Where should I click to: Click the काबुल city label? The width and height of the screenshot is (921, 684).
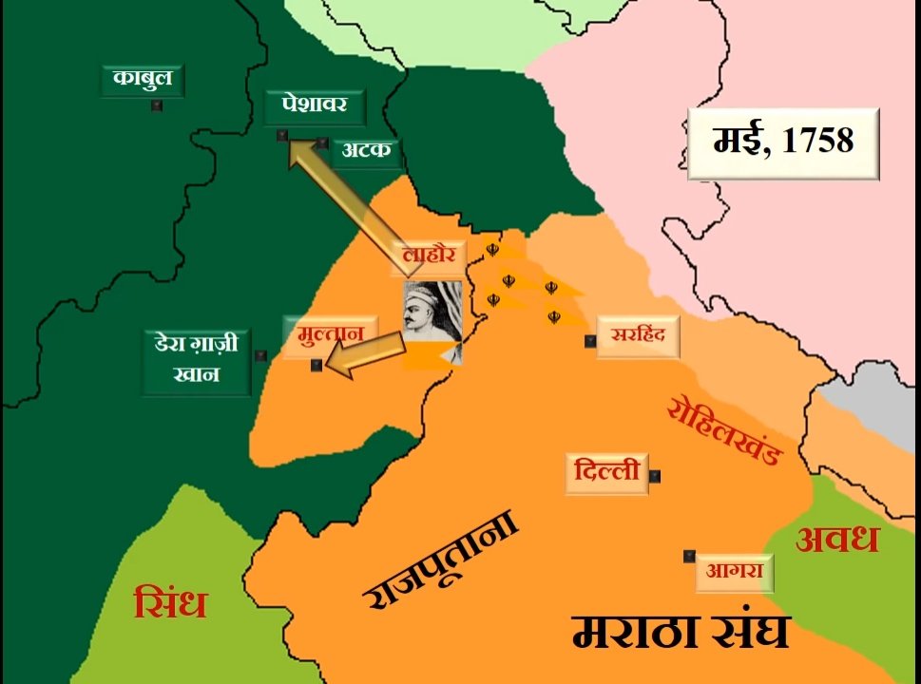tap(142, 79)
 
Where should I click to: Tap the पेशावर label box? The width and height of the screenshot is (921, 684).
tap(314, 105)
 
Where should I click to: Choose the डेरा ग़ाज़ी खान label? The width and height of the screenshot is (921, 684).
tap(197, 358)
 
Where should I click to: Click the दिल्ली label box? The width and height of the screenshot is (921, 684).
tap(606, 472)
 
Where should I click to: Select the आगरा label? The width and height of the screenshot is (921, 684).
tap(735, 573)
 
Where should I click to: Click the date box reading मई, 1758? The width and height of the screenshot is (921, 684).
tap(783, 142)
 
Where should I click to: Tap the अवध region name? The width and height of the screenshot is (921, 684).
tap(837, 540)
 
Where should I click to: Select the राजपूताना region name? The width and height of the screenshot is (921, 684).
tap(443, 560)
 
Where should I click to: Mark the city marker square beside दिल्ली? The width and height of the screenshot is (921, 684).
tap(655, 476)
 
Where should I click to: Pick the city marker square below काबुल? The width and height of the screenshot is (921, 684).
tap(157, 105)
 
